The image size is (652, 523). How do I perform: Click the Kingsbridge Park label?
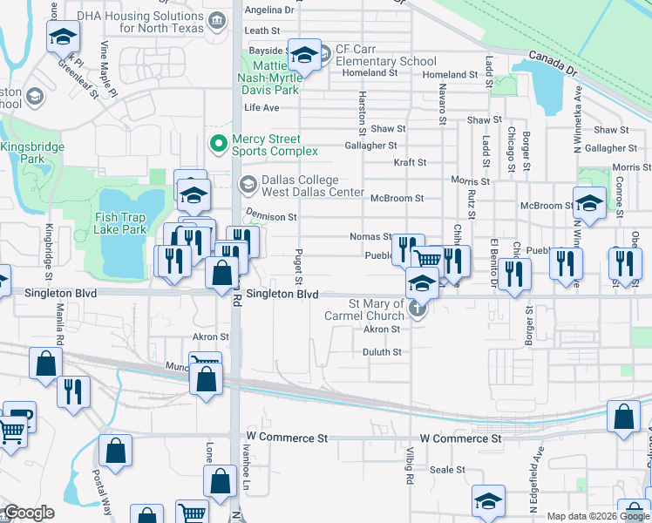[32, 153]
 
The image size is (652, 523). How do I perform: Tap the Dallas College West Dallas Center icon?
[248, 182]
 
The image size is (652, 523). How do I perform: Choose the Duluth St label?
[382, 352]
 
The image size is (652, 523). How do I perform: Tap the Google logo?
[28, 513]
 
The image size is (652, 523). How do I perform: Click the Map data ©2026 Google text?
[598, 516]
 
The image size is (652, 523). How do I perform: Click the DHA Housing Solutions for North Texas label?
[139, 22]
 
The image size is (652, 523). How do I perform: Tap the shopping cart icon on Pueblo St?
[427, 258]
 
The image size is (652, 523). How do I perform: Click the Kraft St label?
[409, 162]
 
